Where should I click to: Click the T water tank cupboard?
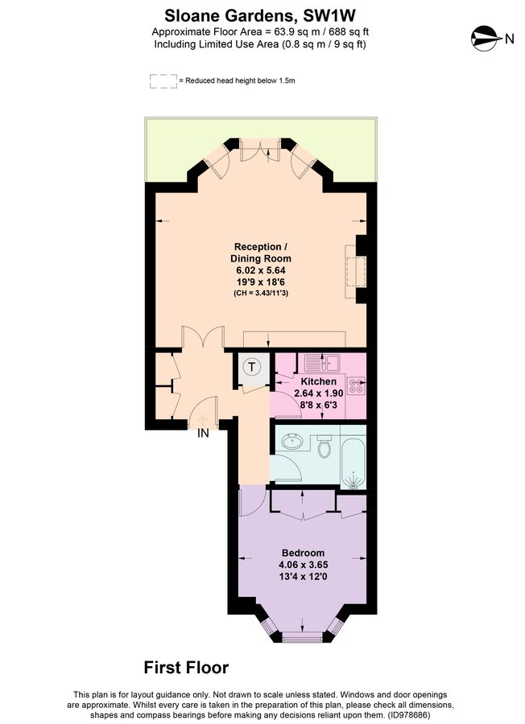click(x=254, y=368)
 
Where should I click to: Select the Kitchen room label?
click(x=318, y=381)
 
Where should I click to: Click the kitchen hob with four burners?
click(x=357, y=386)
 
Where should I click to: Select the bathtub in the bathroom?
click(x=353, y=462)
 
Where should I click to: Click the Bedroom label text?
click(x=303, y=553)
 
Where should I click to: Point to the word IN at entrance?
click(x=204, y=433)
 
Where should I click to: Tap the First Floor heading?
click(x=186, y=668)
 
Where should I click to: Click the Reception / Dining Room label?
click(x=259, y=253)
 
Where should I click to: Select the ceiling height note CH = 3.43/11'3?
click(x=259, y=293)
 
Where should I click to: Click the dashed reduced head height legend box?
click(x=162, y=80)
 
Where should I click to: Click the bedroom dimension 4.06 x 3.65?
click(x=303, y=566)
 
